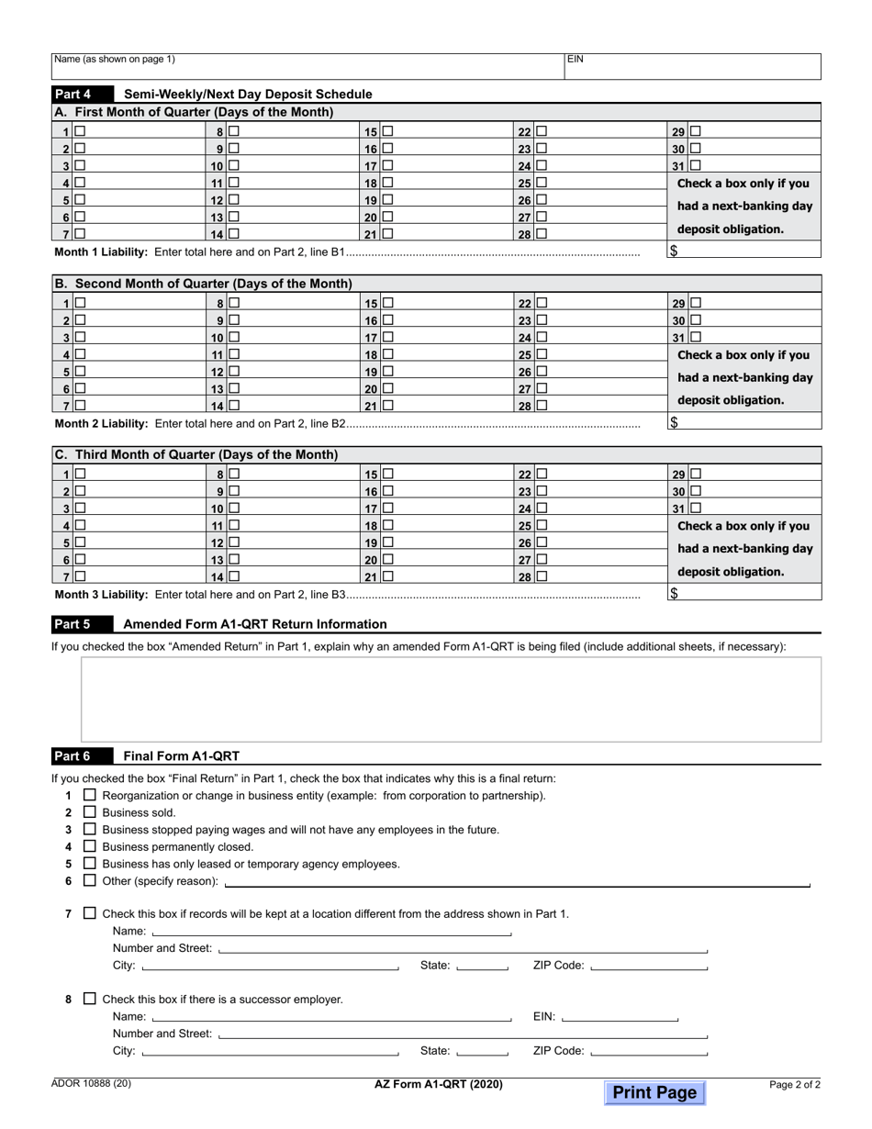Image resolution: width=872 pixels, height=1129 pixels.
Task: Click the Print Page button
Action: (654, 1092)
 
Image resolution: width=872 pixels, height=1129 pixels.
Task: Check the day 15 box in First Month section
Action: (388, 131)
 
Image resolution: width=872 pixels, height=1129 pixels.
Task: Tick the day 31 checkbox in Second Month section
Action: (695, 337)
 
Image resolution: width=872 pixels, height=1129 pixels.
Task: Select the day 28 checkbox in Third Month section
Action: (542, 576)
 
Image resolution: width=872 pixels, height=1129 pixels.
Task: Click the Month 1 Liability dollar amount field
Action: (743, 251)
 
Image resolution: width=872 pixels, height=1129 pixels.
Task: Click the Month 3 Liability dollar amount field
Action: (743, 593)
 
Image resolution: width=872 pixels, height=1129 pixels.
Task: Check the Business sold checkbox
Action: (90, 812)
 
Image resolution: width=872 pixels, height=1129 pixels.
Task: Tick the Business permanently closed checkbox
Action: (90, 846)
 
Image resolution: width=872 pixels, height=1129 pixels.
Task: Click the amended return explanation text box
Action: (451, 699)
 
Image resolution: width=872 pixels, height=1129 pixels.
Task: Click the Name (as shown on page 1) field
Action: (307, 66)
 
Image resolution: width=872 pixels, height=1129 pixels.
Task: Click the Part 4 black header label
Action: (81, 94)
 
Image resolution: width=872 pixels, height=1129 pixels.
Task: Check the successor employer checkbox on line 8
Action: (90, 999)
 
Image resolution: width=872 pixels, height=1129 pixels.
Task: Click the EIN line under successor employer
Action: (619, 1017)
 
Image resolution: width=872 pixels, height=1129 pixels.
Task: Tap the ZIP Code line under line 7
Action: (649, 966)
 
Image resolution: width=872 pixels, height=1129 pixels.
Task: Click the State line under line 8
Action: (482, 1051)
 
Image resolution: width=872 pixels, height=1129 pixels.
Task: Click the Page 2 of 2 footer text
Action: (795, 1084)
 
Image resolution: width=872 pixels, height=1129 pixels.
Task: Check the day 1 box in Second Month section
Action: (81, 303)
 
